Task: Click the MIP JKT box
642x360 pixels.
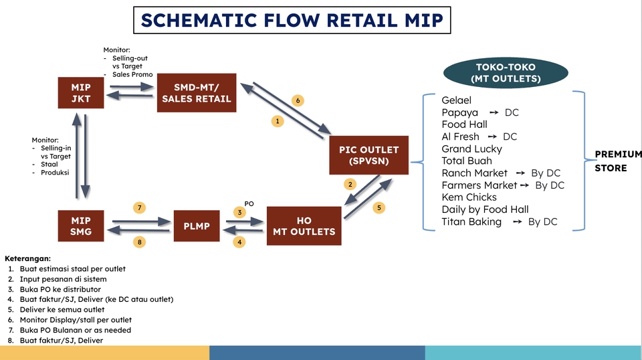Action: click(81, 93)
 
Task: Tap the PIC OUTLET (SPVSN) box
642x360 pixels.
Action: click(368, 155)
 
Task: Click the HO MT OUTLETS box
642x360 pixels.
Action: click(304, 226)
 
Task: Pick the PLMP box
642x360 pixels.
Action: click(197, 226)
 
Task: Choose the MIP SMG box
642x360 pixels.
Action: click(81, 226)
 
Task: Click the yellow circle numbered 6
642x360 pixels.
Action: click(298, 100)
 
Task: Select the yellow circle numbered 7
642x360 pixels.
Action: click(139, 207)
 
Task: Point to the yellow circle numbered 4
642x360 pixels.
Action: click(239, 242)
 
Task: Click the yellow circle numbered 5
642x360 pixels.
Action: click(379, 207)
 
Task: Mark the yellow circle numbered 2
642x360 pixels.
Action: click(349, 184)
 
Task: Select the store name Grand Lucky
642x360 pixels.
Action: click(471, 149)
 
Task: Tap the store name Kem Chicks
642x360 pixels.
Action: click(469, 197)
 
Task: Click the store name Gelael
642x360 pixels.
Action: click(456, 100)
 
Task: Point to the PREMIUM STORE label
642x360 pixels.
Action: click(617, 161)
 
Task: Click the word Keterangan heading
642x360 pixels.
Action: click(27, 258)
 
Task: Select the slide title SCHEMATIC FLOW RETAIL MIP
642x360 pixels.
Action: click(292, 20)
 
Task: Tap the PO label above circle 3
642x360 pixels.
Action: click(249, 203)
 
